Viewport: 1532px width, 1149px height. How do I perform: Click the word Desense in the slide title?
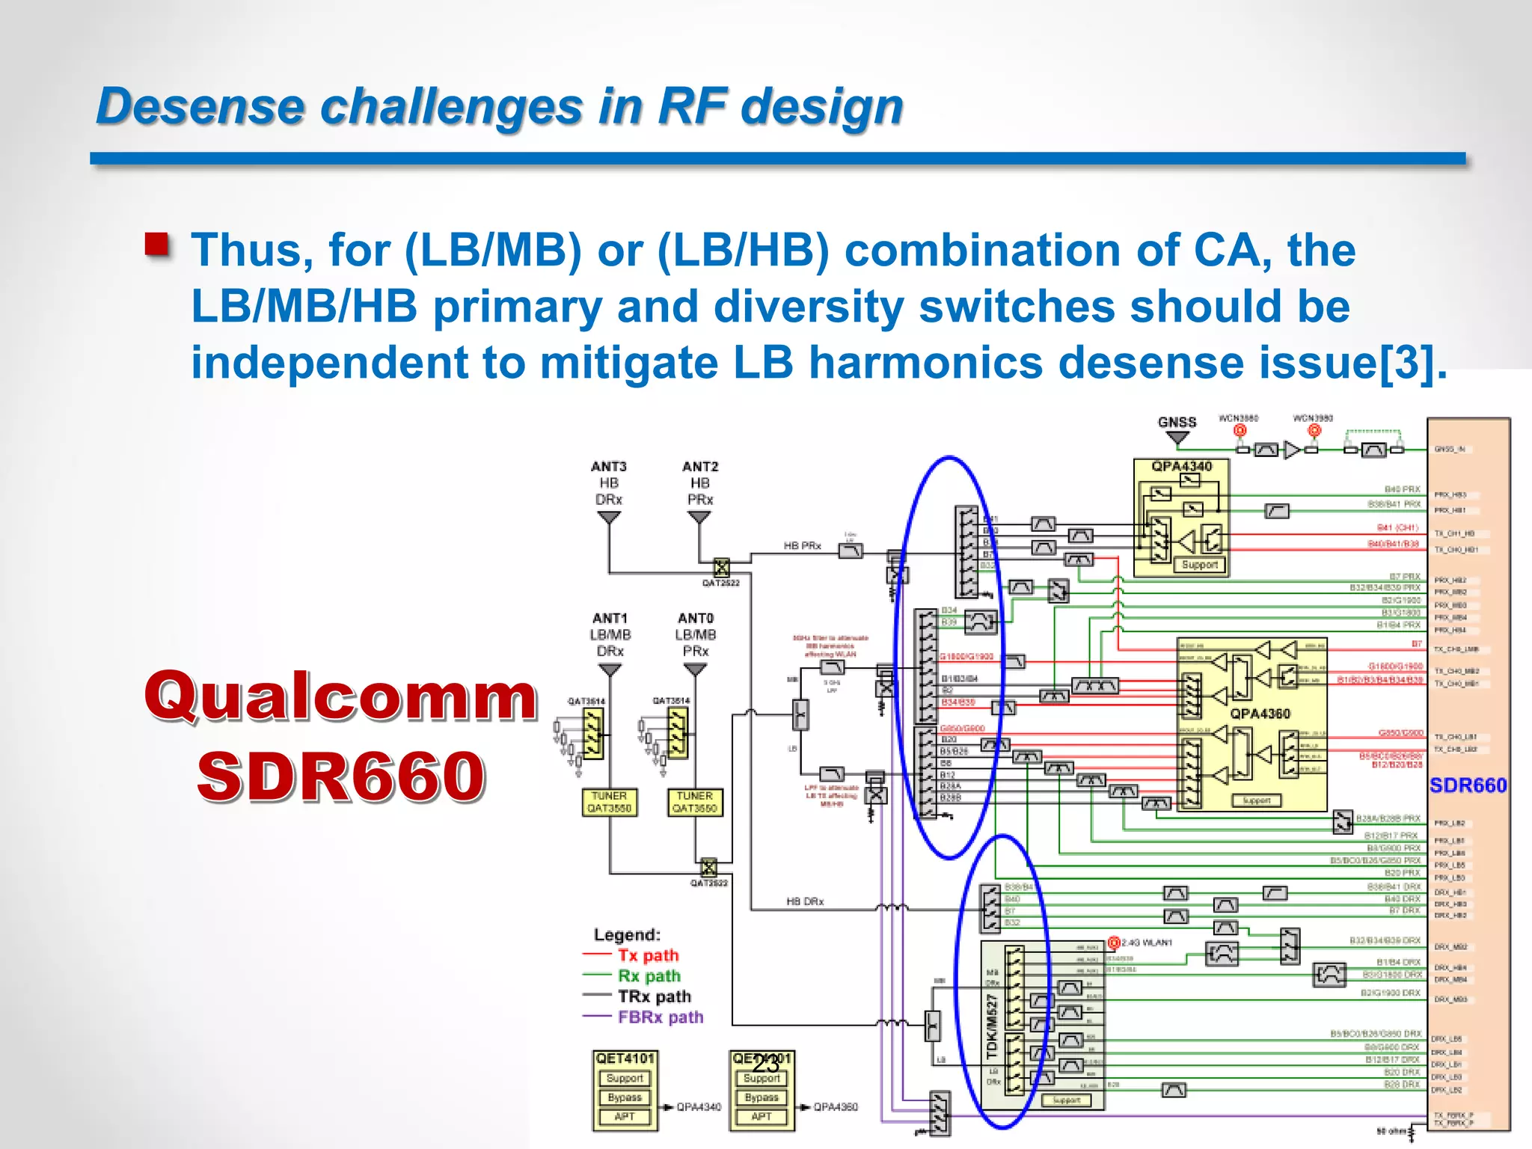point(200,106)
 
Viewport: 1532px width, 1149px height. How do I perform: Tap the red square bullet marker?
point(157,245)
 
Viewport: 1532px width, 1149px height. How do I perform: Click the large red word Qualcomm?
point(341,696)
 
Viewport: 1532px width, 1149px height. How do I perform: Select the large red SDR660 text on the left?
point(341,776)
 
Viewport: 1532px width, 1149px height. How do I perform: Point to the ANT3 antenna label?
point(608,467)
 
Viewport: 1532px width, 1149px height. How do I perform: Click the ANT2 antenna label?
point(699,467)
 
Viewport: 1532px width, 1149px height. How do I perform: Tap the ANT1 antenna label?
point(610,619)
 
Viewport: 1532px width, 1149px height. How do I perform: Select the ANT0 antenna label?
point(695,619)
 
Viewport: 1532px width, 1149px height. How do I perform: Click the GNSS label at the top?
point(1177,422)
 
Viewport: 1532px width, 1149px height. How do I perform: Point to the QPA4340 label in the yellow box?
point(1181,467)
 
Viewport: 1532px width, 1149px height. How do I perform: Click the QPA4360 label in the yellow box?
point(1260,714)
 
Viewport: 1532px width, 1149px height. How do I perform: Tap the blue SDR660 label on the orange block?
point(1468,785)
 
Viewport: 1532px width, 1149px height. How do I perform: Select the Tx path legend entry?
point(648,955)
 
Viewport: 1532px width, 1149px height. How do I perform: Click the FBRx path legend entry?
point(660,1017)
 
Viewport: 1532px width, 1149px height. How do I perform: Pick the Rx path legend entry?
point(649,976)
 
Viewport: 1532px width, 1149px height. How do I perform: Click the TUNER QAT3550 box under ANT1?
point(610,802)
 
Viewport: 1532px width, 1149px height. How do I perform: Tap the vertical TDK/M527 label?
point(993,1026)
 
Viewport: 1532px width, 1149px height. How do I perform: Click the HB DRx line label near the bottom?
point(805,902)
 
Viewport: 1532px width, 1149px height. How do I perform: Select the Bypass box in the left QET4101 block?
point(625,1097)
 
